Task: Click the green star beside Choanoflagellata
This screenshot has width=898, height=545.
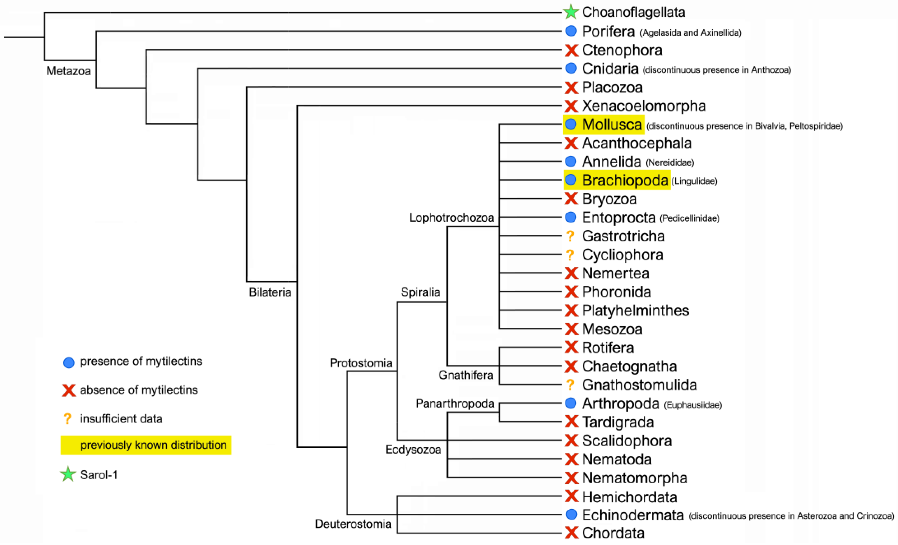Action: tap(571, 12)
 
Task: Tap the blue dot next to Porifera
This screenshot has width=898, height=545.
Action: tap(571, 31)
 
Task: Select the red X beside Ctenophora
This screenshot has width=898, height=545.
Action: tap(571, 50)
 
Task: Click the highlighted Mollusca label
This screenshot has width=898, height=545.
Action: tap(612, 124)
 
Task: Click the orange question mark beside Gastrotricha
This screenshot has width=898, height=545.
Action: tap(570, 236)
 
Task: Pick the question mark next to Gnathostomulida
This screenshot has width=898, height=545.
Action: tap(570, 385)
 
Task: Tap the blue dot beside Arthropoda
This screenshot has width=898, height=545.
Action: tap(571, 403)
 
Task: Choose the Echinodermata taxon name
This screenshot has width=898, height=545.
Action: tap(633, 515)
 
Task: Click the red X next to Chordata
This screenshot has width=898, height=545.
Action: tap(571, 533)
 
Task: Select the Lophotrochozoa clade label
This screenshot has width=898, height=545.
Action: tap(451, 218)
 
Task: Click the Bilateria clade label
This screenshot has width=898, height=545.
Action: tap(270, 292)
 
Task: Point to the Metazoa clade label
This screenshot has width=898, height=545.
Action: tap(69, 71)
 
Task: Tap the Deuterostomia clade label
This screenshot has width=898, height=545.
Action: tap(353, 524)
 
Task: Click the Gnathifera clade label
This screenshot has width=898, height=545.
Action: tap(466, 375)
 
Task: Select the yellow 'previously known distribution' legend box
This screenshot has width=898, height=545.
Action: tap(146, 445)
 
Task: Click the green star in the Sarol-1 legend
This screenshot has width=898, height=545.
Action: tap(68, 474)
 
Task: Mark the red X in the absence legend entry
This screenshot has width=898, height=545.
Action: tap(69, 390)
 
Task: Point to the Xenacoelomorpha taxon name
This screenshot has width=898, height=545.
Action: tap(644, 106)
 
